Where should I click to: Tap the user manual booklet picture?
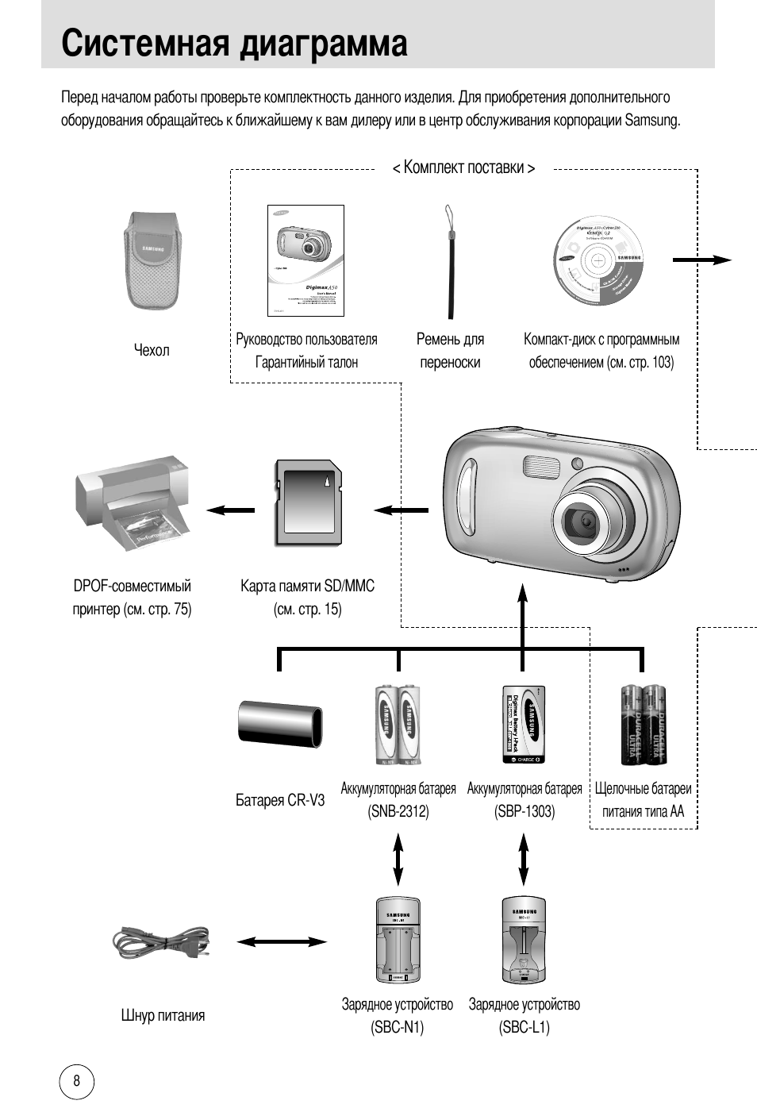305,260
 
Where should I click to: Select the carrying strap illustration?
450,262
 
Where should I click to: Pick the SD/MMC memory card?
307,502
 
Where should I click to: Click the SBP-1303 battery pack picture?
524,725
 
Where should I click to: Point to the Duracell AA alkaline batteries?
644,725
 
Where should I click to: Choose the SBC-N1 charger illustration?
398,941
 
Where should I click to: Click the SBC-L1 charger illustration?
524,941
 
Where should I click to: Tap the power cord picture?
162,944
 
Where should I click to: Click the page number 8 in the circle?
76,1081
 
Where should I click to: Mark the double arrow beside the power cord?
281,942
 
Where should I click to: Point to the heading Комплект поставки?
463,167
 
